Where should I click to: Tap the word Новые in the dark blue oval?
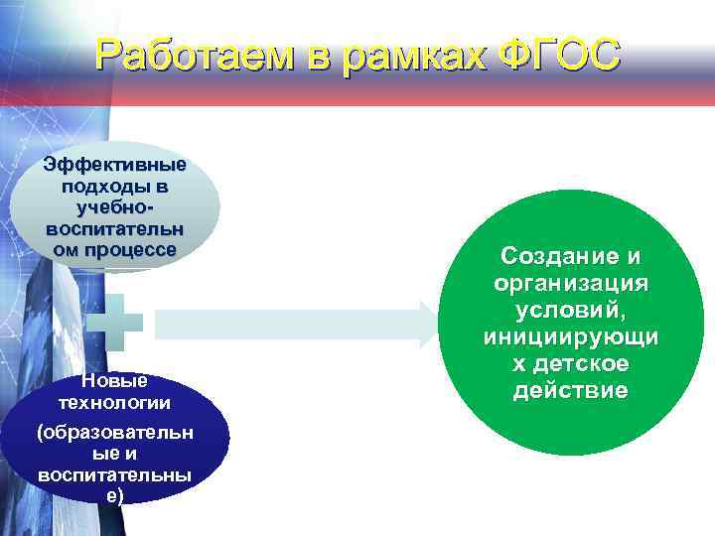pos(114,381)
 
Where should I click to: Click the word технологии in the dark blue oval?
pos(114,402)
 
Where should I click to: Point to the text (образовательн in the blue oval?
pos(114,434)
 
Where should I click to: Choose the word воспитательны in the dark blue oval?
pos(114,475)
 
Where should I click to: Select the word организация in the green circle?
pos(570,284)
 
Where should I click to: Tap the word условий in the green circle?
pos(570,311)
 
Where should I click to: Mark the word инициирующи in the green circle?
pos(570,337)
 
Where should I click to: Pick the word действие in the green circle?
pos(570,390)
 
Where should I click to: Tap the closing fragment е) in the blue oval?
pos(114,495)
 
